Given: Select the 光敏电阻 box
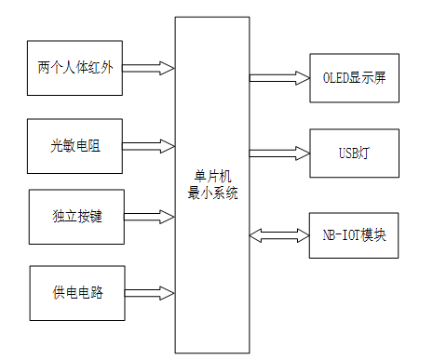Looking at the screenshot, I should [76, 145].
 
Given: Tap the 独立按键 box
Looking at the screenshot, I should [76, 216].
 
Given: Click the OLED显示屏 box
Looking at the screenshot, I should [354, 78].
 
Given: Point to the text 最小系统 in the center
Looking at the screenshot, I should [212, 193].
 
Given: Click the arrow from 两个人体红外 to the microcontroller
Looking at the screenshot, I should [149, 68].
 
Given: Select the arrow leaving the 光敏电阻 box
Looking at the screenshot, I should [149, 145].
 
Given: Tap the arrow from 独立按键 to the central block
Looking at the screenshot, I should [149, 216].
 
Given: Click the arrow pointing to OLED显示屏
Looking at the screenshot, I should [278, 78].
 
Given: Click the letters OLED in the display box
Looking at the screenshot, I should [336, 78].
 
